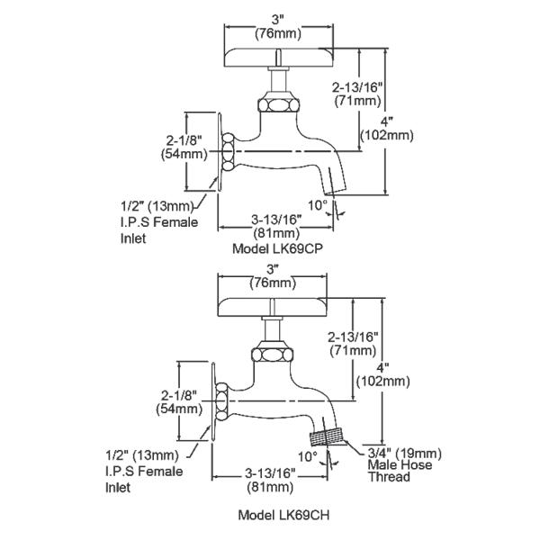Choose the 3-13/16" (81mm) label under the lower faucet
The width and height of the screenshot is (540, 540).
coord(267,480)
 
